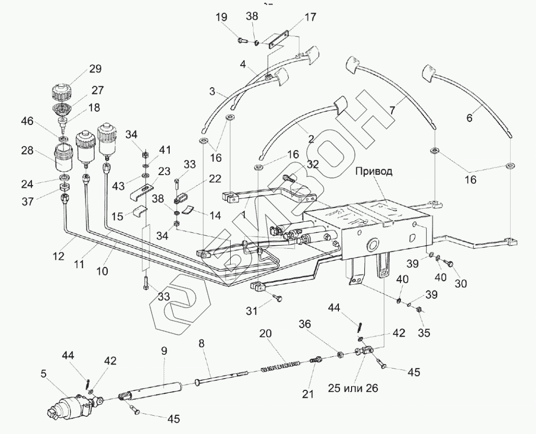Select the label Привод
[x=373, y=171]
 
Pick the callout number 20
[x=266, y=333]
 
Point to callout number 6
[x=469, y=117]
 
